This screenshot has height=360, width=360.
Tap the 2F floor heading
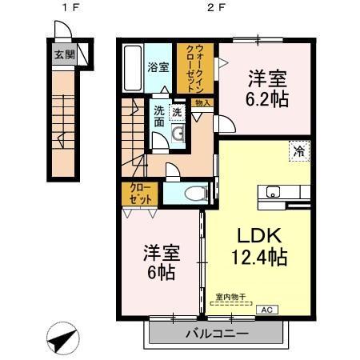[x=214, y=10]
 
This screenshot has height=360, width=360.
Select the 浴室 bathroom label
[x=158, y=68]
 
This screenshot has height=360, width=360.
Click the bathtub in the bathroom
[x=133, y=67]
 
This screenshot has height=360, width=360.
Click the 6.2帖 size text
[x=266, y=100]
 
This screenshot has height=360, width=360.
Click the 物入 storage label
[x=203, y=102]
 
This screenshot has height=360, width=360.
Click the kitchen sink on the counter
[x=272, y=191]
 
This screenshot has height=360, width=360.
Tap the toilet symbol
[x=193, y=193]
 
